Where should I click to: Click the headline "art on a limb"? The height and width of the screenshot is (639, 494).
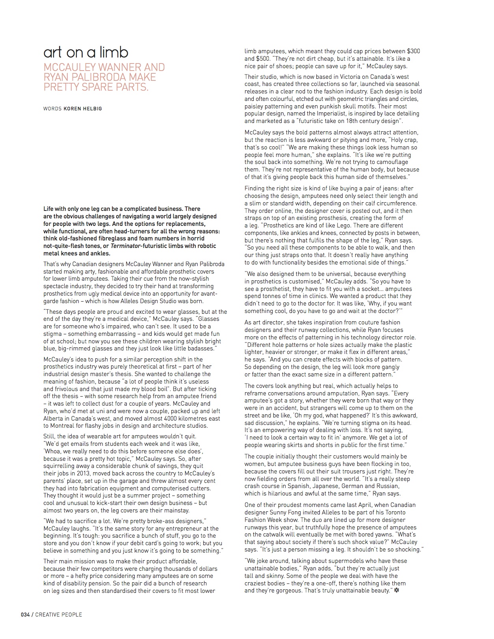click(x=86, y=52)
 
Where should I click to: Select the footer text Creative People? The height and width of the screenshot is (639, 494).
click(x=59, y=614)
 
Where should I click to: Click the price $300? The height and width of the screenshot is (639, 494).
click(x=413, y=51)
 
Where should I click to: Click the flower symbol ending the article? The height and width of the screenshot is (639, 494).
click(x=396, y=591)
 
